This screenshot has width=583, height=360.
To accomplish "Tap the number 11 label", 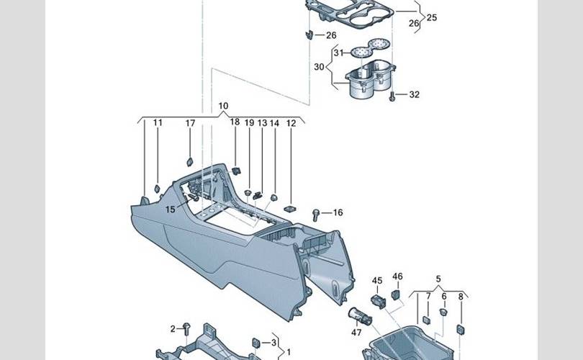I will [158, 123].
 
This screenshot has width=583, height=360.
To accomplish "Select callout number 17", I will [190, 124].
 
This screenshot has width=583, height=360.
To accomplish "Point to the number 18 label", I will [235, 122].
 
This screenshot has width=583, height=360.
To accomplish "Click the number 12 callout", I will [291, 124].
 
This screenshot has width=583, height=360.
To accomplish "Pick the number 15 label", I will [170, 210].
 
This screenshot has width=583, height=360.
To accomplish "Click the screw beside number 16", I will [317, 214].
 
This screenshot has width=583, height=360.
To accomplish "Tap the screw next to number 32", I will [393, 94].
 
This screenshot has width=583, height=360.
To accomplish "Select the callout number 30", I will [319, 66].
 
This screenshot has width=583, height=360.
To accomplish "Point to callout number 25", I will [432, 17].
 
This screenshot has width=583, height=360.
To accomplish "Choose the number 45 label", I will [377, 280].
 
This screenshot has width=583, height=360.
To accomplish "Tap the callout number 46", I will [397, 276].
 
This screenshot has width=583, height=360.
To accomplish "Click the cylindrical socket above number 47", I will [358, 314].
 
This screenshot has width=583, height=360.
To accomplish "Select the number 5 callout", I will [438, 279].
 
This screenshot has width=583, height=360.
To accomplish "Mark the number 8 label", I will [461, 296].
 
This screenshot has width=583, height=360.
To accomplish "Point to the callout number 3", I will [273, 342].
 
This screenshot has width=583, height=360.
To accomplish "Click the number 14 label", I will [274, 124].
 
